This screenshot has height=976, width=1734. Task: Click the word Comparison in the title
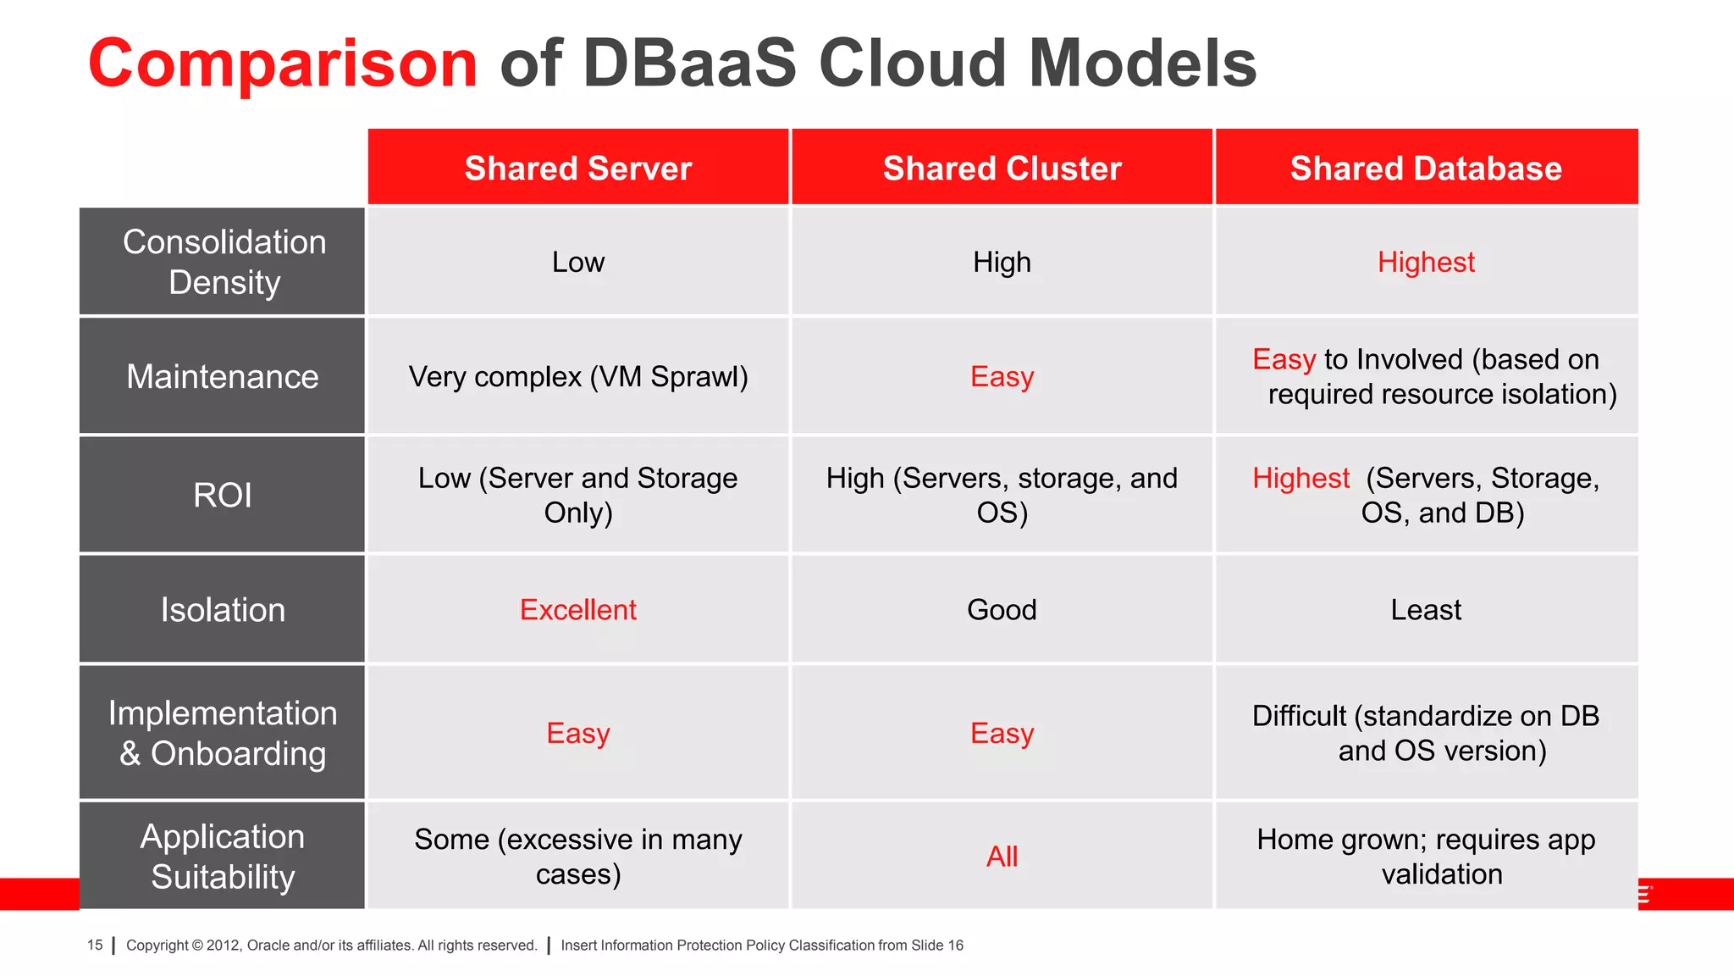283,64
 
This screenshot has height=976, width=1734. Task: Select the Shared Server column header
578,168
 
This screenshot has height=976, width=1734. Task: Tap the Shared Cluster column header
1002,168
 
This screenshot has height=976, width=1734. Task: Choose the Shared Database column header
1426,168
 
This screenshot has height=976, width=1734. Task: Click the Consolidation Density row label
224,262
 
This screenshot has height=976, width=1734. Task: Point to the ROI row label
223,495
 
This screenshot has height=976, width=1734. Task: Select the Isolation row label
223,610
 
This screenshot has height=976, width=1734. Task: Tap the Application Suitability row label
223,856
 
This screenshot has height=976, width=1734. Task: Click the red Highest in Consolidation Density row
1426,262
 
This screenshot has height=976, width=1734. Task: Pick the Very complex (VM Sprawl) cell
578,376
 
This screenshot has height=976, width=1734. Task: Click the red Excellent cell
578,610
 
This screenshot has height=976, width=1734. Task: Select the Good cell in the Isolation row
1002,610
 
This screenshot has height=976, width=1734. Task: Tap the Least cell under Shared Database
1426,610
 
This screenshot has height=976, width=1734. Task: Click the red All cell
1002,857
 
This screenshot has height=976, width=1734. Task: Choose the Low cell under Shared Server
578,262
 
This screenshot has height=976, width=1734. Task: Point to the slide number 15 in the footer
95,945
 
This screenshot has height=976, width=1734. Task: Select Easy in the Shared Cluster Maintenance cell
1002,376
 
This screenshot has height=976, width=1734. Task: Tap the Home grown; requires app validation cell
1426,856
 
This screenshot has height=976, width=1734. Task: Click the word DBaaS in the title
689,64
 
